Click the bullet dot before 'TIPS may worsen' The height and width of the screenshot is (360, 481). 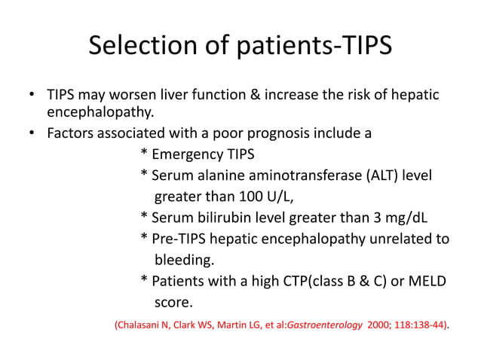(x=32, y=96)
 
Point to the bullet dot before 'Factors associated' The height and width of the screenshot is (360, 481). (x=32, y=135)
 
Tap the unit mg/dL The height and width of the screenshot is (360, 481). (x=403, y=218)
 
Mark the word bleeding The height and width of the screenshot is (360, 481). (x=185, y=261)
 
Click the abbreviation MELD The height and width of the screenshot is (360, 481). (x=426, y=282)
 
